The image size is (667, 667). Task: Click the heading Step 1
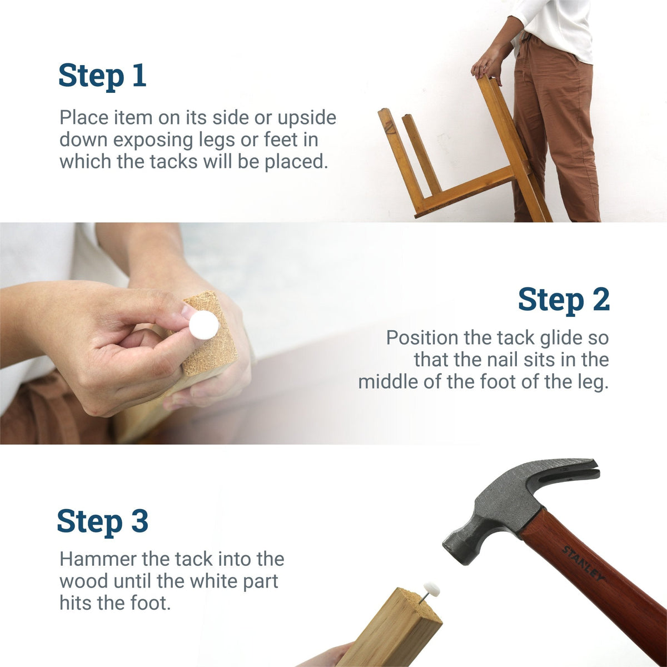point(102,76)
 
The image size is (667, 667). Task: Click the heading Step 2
point(564,300)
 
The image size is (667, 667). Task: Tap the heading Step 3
point(102,521)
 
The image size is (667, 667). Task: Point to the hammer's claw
point(578,470)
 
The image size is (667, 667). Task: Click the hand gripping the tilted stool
point(488,64)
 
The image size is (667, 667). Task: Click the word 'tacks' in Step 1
point(174,162)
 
